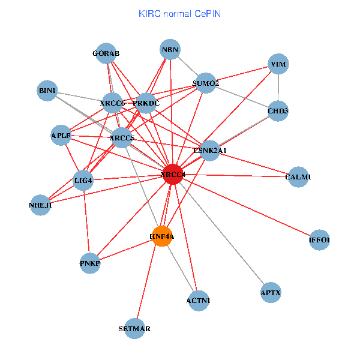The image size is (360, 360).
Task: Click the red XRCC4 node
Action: point(173,175)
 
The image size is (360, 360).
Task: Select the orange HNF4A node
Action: point(162,236)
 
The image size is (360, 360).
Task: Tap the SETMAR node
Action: point(135,329)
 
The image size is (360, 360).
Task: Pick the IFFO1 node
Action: point(319,240)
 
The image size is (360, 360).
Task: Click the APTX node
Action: point(271,293)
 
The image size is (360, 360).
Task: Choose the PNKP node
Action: point(90,263)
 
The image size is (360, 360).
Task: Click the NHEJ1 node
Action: point(41,205)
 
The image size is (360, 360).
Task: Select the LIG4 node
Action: point(83,180)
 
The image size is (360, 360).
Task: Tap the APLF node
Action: point(61,136)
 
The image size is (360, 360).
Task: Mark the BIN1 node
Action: point(47,91)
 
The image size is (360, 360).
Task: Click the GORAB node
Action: point(106,53)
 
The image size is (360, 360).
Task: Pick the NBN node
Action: point(170,50)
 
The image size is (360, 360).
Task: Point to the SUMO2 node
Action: point(206,83)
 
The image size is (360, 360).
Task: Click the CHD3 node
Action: point(278,110)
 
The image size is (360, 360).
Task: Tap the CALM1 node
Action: point(298,177)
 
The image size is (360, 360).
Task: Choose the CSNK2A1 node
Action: point(209,150)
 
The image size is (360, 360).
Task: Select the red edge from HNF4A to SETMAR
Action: point(149,282)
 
